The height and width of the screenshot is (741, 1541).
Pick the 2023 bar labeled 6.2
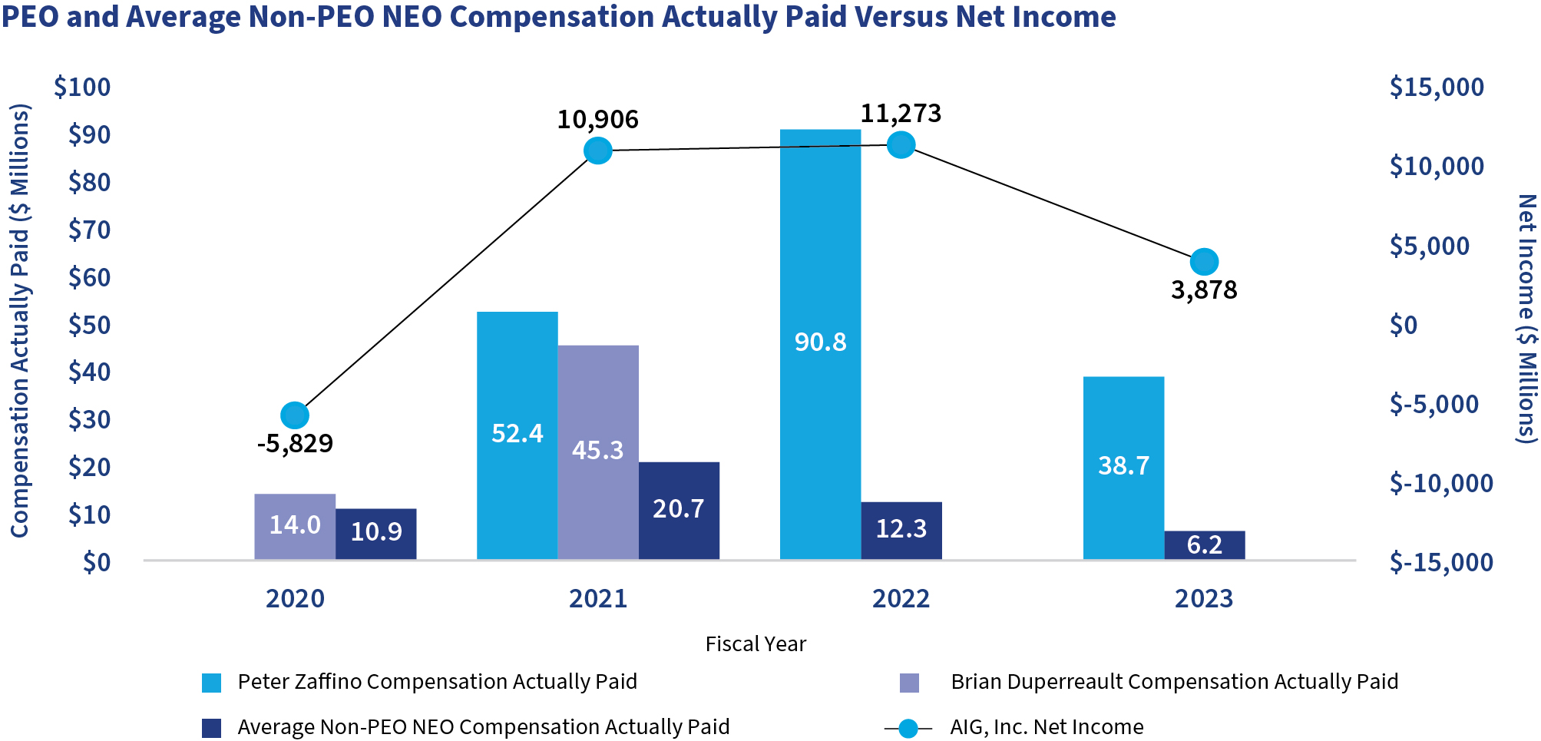tap(1204, 544)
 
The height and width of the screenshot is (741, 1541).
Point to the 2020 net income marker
tap(295, 415)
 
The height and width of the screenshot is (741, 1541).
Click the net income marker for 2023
tap(1204, 262)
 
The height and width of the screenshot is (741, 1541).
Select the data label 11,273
tap(900, 114)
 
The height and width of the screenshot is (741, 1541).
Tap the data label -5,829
tap(295, 444)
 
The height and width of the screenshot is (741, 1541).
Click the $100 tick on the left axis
tap(82, 88)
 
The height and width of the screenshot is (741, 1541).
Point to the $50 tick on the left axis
tap(89, 325)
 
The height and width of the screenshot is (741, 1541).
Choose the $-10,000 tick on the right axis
tap(1441, 483)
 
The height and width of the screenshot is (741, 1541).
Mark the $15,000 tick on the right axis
tap(1437, 88)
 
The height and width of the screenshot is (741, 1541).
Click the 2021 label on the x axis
tap(598, 598)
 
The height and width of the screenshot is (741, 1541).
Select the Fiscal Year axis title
tap(756, 643)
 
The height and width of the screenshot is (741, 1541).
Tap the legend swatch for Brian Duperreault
tap(909, 683)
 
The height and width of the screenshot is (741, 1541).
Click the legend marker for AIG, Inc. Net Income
tap(908, 728)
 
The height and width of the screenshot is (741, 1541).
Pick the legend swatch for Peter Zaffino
tap(211, 683)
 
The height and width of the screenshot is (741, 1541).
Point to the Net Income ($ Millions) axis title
tap(1526, 319)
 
